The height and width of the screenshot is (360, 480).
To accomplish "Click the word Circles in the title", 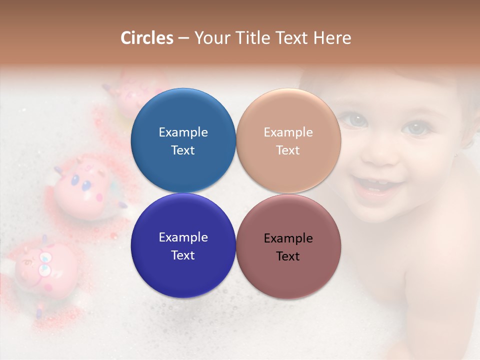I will click(147, 38).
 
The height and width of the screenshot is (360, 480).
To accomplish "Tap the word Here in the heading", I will click(332, 38).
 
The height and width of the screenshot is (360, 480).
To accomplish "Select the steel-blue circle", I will click(183, 140).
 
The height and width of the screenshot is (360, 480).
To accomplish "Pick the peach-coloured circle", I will click(288, 140).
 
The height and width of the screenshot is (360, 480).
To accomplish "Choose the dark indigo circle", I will click(183, 245).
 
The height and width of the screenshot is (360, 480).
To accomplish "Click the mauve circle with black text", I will click(288, 245).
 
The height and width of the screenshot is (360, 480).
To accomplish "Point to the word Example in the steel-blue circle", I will click(183, 132).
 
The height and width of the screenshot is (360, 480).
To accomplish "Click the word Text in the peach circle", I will click(288, 150).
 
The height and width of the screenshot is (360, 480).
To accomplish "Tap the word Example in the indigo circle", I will click(183, 237).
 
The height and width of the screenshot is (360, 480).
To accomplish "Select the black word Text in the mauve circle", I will click(288, 256).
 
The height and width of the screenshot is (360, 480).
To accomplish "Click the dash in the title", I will click(183, 38).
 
